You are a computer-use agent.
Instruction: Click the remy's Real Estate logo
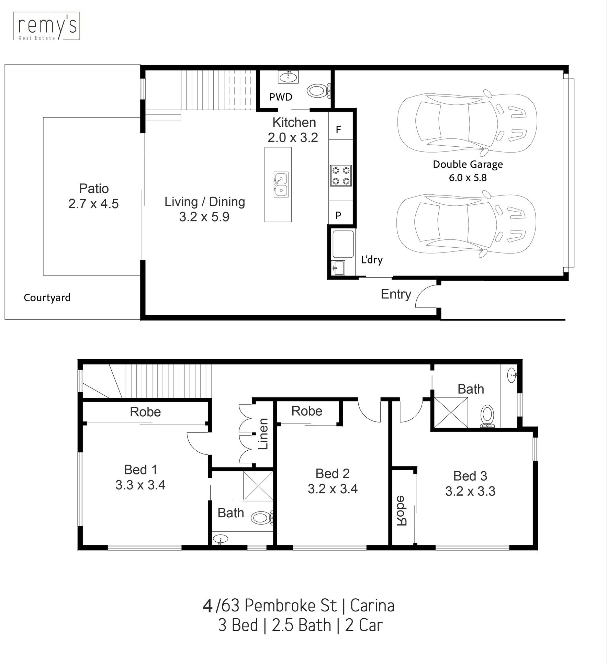[46, 26]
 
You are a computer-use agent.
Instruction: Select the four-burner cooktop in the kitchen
[341, 176]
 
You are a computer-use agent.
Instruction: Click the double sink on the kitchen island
[281, 184]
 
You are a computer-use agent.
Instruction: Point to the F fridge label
[338, 129]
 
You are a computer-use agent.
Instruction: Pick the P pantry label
[338, 215]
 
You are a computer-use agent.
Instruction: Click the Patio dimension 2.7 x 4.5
[93, 204]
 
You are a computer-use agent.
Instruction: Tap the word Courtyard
[47, 297]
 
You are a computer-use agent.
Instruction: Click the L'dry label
[372, 260]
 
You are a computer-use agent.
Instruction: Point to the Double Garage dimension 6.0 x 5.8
[468, 178]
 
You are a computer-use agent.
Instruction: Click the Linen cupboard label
[263, 434]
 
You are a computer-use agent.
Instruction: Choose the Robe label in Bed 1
[145, 412]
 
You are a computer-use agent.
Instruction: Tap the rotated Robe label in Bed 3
[401, 510]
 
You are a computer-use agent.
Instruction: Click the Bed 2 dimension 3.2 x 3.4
[333, 489]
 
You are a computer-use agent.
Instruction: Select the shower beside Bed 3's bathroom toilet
[451, 413]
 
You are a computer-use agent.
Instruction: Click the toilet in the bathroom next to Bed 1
[262, 517]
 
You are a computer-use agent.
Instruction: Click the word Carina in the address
[372, 606]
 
